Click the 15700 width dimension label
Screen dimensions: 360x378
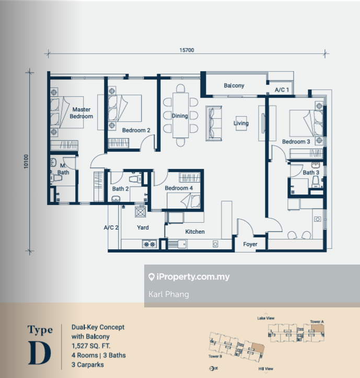(x=187, y=50)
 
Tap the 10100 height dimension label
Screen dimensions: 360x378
(x=26, y=162)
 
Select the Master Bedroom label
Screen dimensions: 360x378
(x=82, y=113)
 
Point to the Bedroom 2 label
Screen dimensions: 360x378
(x=136, y=130)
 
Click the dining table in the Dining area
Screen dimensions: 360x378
(x=180, y=115)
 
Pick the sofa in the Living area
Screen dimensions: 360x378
(x=214, y=123)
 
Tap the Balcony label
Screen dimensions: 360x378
(x=234, y=86)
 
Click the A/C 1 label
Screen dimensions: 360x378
(x=282, y=90)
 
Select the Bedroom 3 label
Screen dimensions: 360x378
(x=296, y=142)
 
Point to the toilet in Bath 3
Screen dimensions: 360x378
(x=316, y=181)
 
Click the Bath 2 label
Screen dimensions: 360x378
(x=120, y=189)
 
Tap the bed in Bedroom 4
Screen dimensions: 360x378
(x=183, y=201)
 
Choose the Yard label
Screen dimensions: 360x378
(x=143, y=227)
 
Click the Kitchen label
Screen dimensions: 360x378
(x=195, y=232)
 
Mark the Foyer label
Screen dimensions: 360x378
(x=250, y=245)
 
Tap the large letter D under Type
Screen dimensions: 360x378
(x=40, y=352)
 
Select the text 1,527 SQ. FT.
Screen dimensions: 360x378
(x=91, y=346)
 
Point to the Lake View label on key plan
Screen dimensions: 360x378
(x=266, y=318)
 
